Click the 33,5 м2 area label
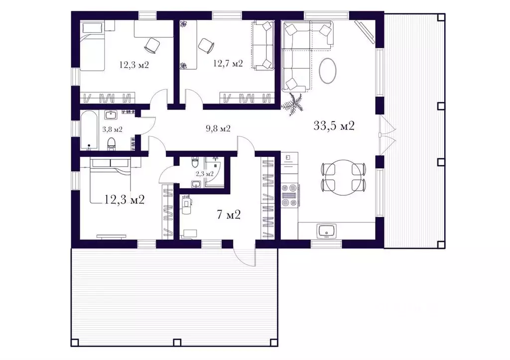coord(334,125)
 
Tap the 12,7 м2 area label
coord(228,63)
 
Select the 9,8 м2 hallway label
coord(218,129)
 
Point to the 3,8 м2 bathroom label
coord(112,129)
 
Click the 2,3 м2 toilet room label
coord(205,174)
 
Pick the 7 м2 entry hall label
coord(228,215)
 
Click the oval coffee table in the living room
coord(328,71)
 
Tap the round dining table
coord(343,177)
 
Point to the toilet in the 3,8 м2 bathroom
coord(112,144)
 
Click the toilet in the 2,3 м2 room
coord(195,162)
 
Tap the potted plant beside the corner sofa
coord(292,103)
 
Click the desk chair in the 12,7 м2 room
coord(206,45)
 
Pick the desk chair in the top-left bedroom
coord(151,45)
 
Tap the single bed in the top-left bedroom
coord(93,46)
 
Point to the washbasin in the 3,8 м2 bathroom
coord(111,115)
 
